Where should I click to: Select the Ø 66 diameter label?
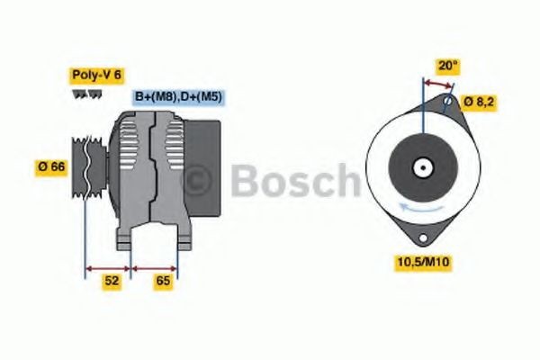[x=50, y=167]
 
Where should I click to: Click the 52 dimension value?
[x=111, y=281]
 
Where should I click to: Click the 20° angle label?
[x=448, y=65]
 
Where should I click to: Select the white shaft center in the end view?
[x=421, y=166]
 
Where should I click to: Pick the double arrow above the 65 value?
[x=155, y=267]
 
